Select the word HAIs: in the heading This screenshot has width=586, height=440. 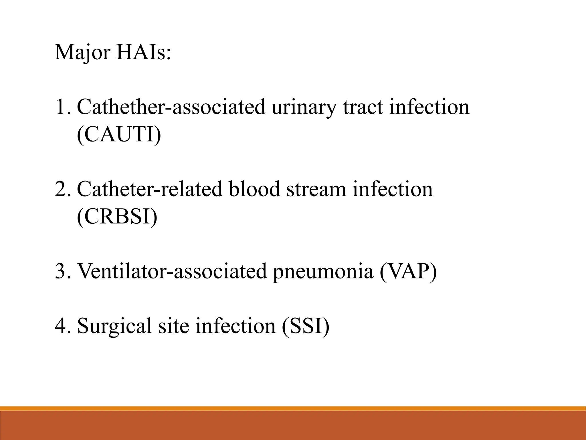point(143,52)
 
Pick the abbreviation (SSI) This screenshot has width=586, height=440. point(306,326)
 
